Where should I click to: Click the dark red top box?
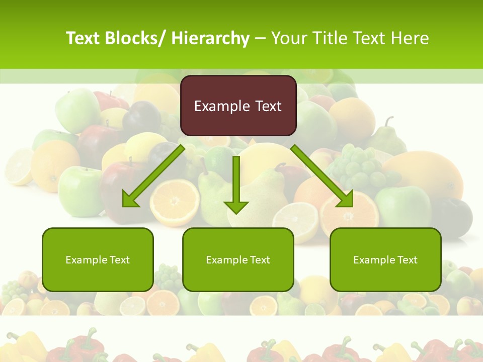click(x=238, y=106)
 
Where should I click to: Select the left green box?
click(x=98, y=259)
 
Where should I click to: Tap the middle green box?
click(x=238, y=259)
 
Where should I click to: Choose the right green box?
click(x=385, y=259)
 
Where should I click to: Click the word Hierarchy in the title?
click(x=210, y=38)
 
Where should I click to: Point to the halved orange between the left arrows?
click(x=175, y=203)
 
